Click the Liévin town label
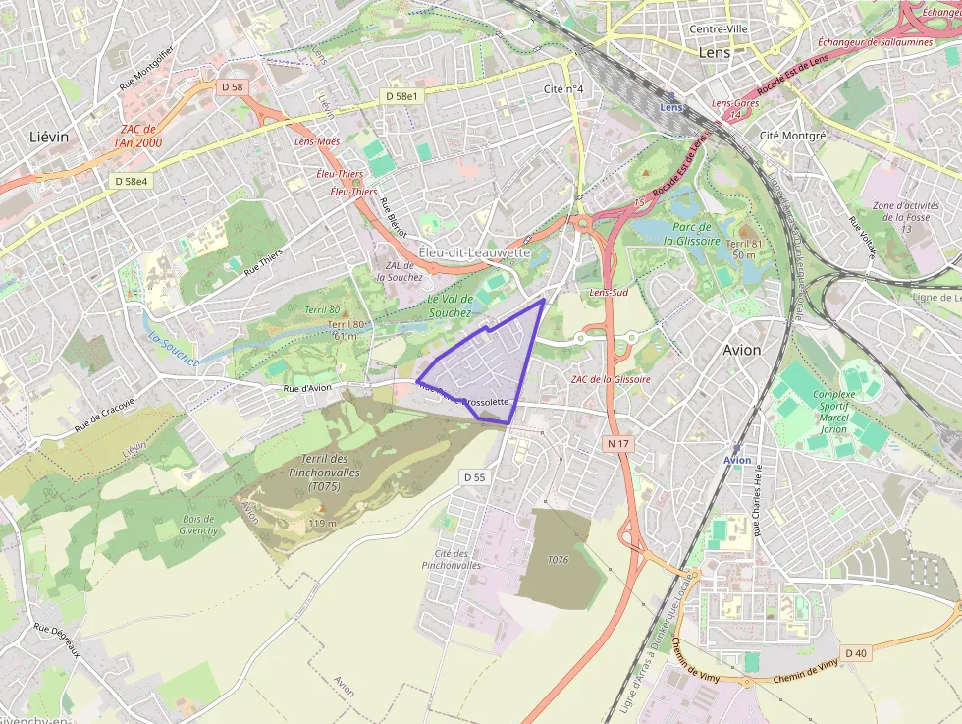tap(49, 137)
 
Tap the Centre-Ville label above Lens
tap(719, 29)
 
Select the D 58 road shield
tap(232, 87)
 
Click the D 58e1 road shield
tap(401, 96)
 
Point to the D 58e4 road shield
tap(131, 181)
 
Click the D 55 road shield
tap(474, 477)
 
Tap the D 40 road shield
tap(855, 653)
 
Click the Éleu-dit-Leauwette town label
tap(474, 252)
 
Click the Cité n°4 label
tap(563, 89)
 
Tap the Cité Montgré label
tap(793, 135)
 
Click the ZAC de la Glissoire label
tap(611, 379)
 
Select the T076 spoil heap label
tap(559, 559)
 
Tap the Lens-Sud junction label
tap(609, 293)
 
